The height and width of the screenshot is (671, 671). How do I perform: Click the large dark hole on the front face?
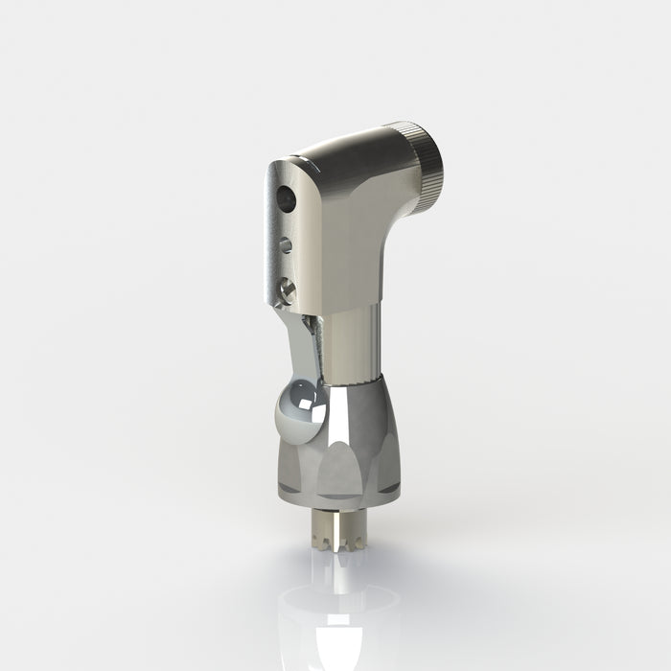pos(284,199)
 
